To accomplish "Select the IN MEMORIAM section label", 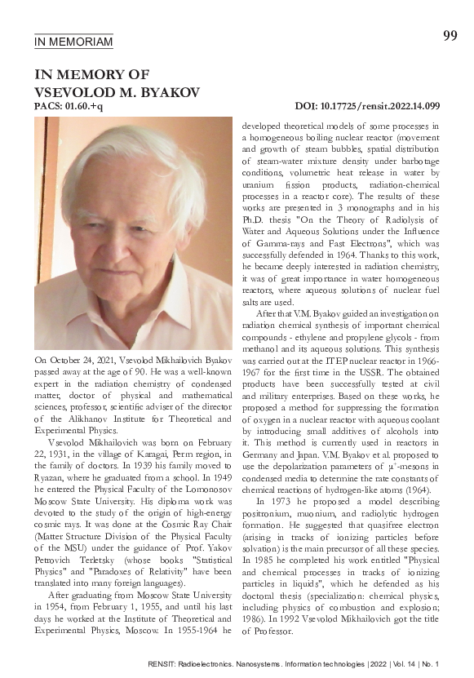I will (x=73, y=42).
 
